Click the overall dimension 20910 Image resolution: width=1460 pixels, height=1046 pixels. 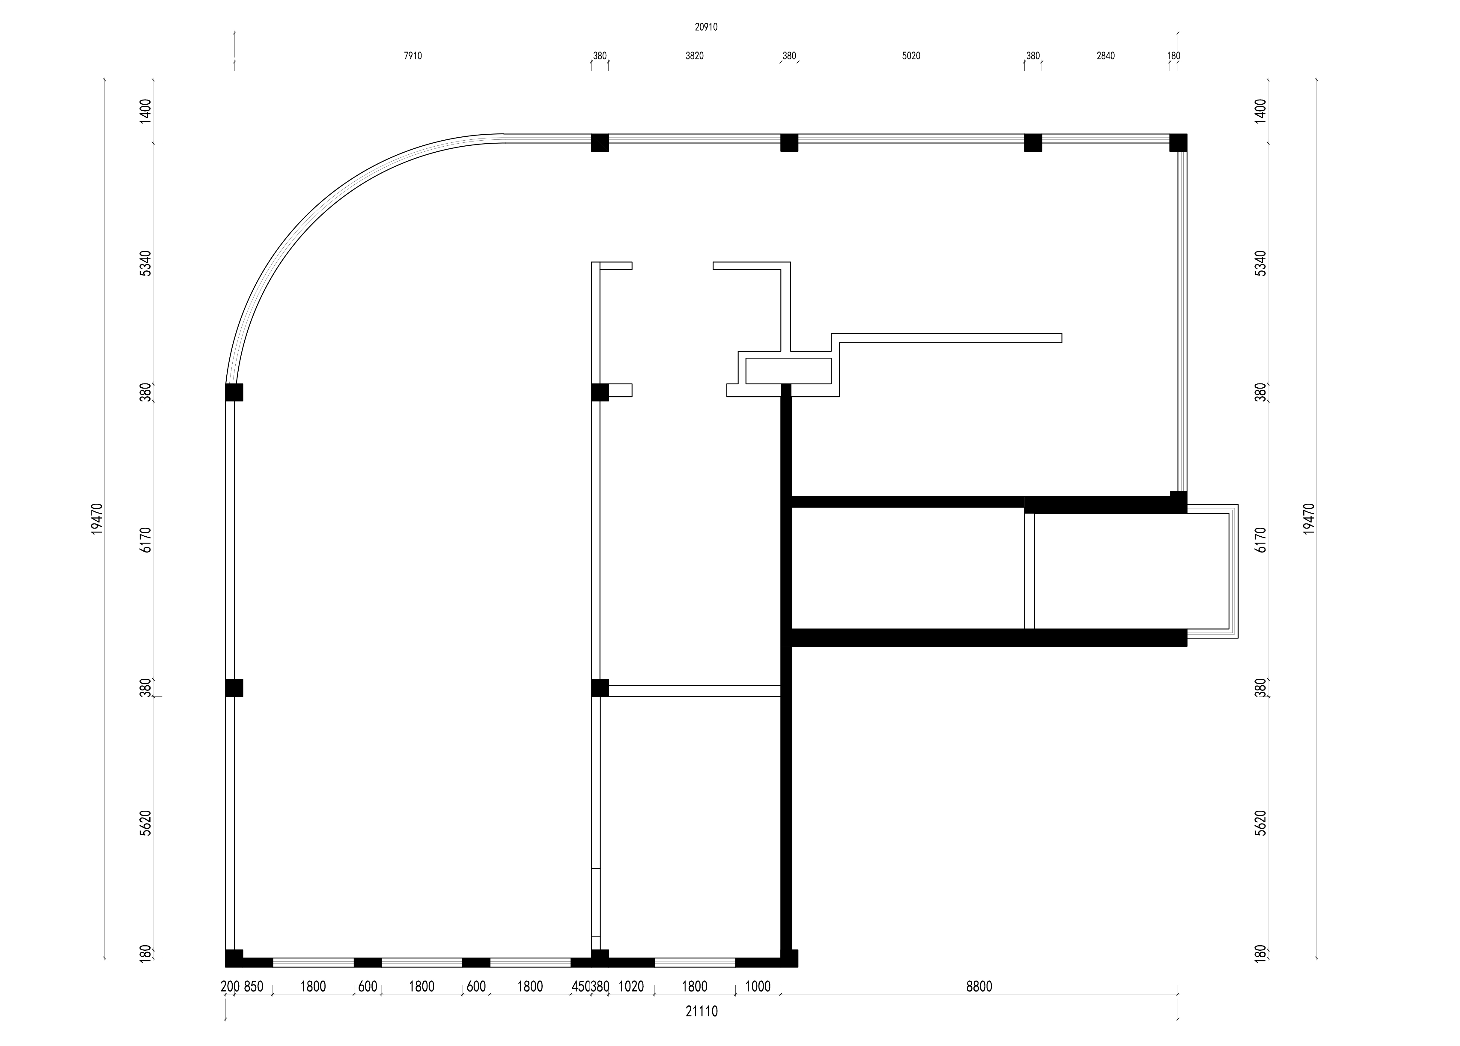(706, 27)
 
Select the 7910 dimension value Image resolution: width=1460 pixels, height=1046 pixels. (413, 56)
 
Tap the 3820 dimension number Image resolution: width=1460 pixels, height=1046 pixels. (695, 56)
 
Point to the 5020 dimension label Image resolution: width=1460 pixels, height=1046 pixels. (911, 56)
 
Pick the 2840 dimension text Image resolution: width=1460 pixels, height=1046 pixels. (1105, 56)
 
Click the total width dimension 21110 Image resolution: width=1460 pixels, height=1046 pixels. (702, 1011)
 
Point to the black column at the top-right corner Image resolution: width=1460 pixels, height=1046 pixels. (1178, 142)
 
